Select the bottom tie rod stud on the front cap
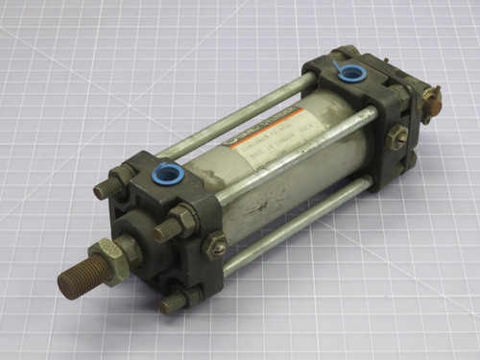pyautogui.click(x=173, y=303)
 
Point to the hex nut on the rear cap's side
pyautogui.click(x=396, y=136)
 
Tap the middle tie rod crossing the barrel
pyautogui.click(x=288, y=159)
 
